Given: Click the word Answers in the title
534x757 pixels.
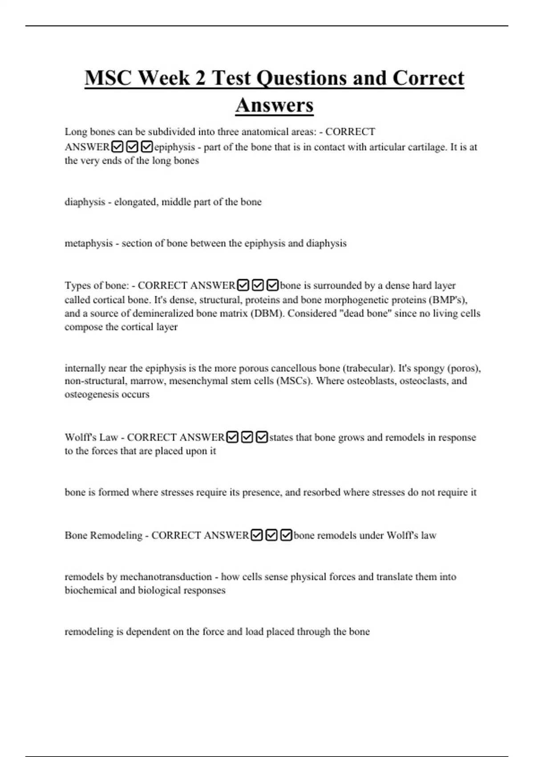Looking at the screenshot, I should tap(274, 106).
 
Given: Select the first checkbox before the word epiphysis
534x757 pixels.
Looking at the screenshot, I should tap(117, 147).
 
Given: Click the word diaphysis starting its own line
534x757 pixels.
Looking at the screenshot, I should tap(85, 202).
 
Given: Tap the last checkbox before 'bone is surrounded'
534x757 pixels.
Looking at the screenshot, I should tap(273, 285).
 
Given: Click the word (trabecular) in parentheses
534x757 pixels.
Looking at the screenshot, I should tap(368, 368).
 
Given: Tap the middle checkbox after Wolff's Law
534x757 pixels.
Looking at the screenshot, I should tap(247, 437).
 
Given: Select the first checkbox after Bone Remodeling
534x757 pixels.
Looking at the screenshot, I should tap(257, 535).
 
